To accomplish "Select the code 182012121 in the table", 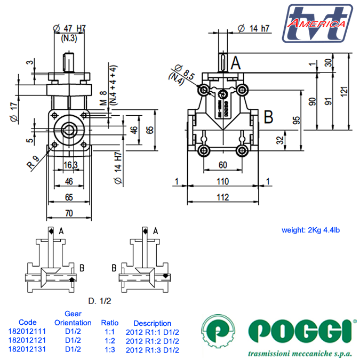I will pyautogui.click(x=27, y=340).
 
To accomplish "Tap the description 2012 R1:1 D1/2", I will pyautogui.click(x=152, y=332).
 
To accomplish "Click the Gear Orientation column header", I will pyautogui.click(x=73, y=318).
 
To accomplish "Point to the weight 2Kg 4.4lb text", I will pyautogui.click(x=310, y=230).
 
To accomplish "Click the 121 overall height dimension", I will pyautogui.click(x=345, y=91).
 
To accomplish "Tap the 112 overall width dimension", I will pyautogui.click(x=223, y=197).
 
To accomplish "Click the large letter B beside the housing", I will pyautogui.click(x=269, y=116).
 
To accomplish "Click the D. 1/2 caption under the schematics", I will pyautogui.click(x=100, y=301).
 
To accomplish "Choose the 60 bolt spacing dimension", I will pyautogui.click(x=223, y=165).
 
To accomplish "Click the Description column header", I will pyautogui.click(x=152, y=323).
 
